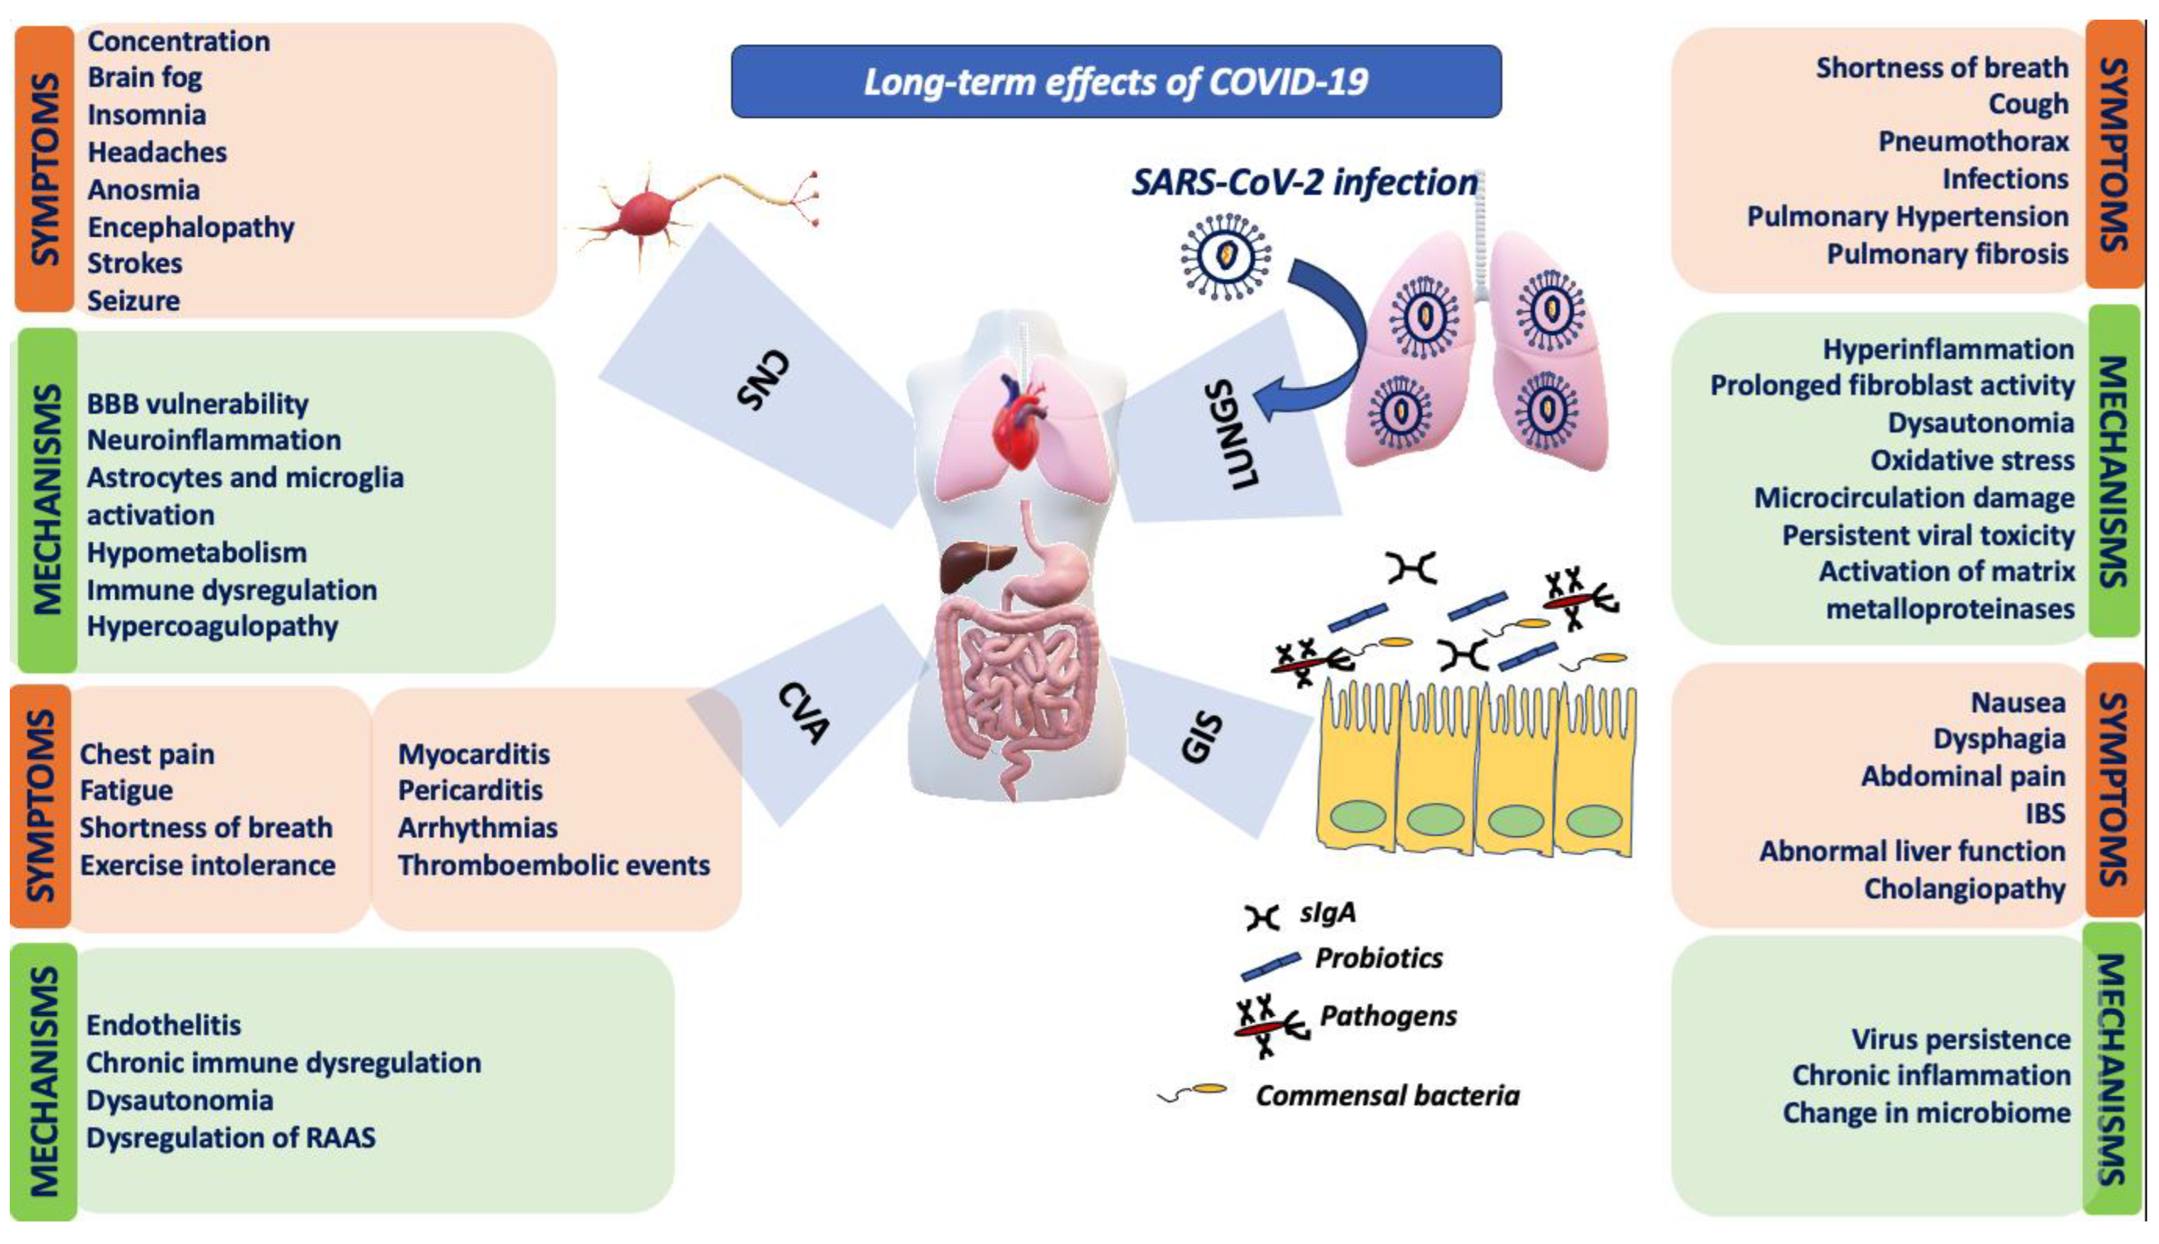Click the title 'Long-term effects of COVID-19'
point(1116,82)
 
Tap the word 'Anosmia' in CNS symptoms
point(143,190)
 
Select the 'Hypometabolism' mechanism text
point(197,553)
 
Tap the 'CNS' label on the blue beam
point(763,380)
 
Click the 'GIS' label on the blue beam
point(1201,736)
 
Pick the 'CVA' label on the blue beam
point(804,713)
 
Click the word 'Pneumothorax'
point(1973,141)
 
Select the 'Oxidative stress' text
point(1972,460)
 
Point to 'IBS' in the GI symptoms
point(2044,814)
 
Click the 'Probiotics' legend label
point(1378,957)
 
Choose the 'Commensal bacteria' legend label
point(1387,1095)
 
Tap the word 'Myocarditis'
point(474,754)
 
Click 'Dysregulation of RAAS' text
point(231,1138)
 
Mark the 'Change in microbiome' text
point(1926,1113)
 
